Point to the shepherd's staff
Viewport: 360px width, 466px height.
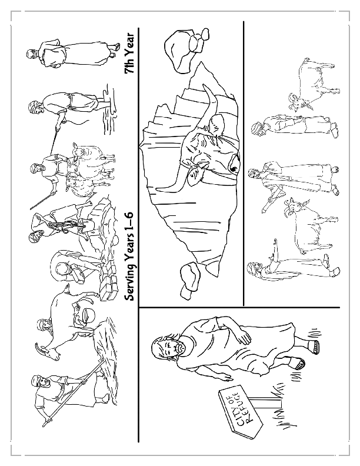41,203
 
